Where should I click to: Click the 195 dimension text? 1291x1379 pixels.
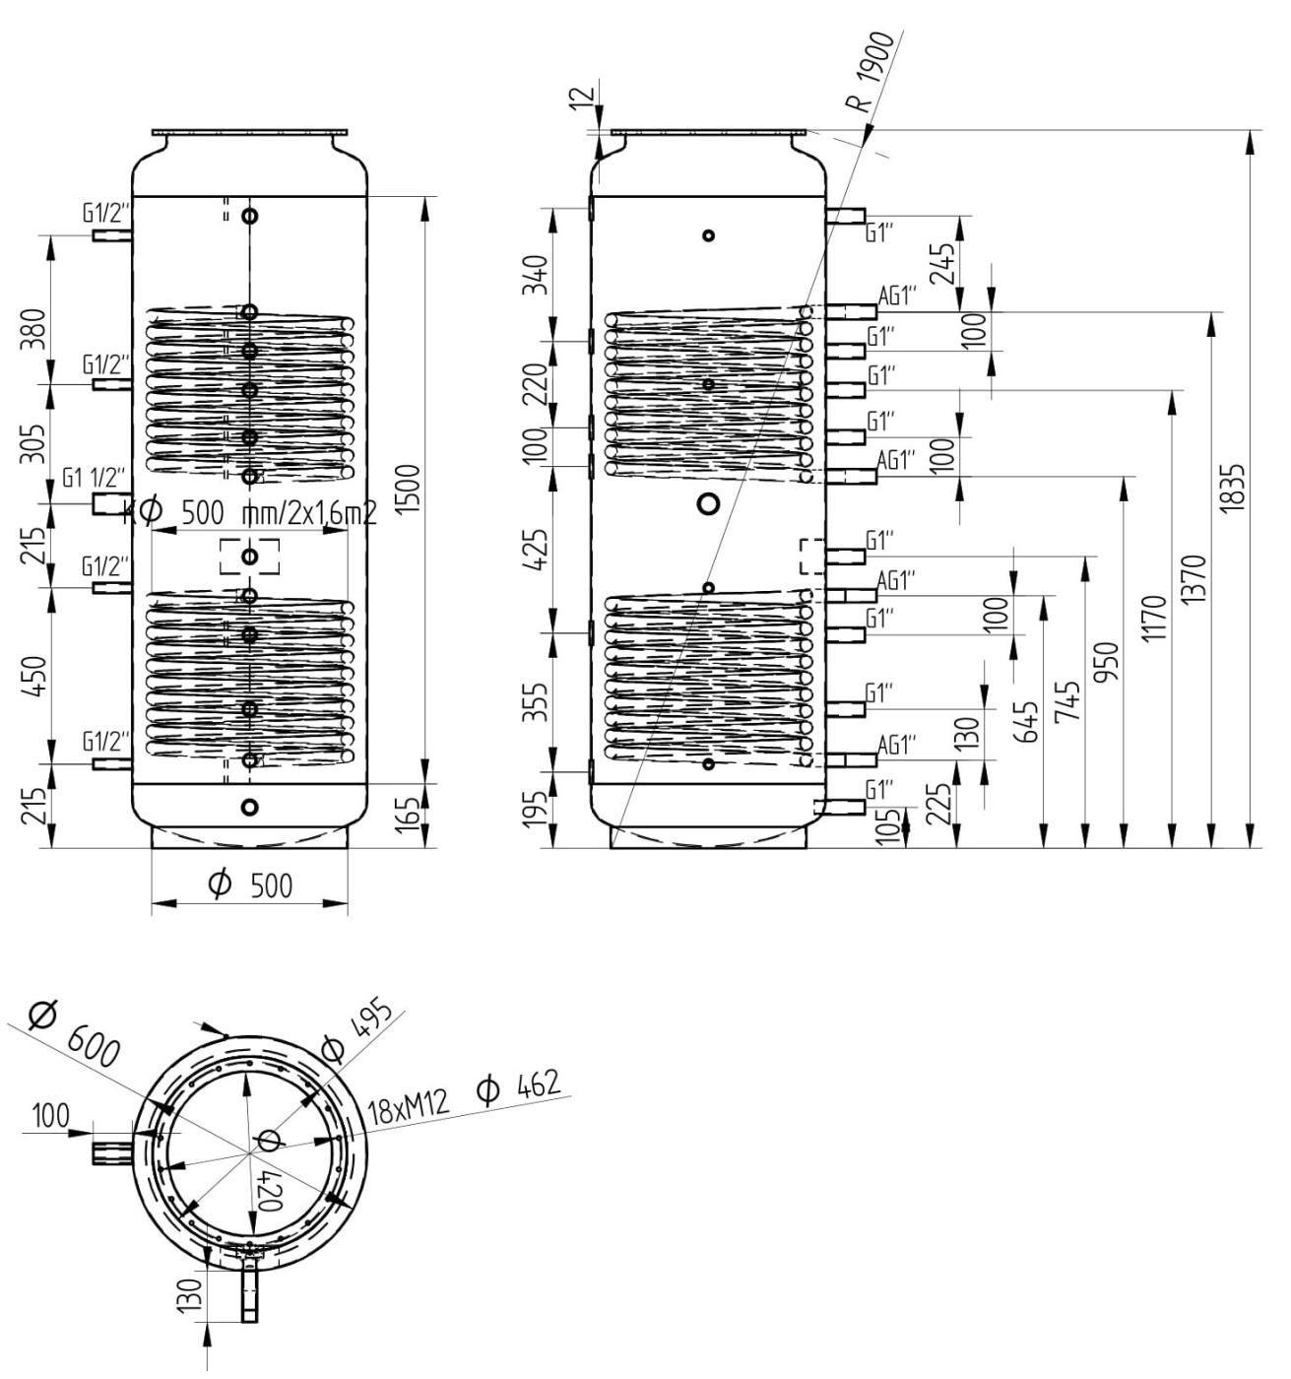(539, 810)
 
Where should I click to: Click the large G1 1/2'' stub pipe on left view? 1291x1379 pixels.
(105, 503)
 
